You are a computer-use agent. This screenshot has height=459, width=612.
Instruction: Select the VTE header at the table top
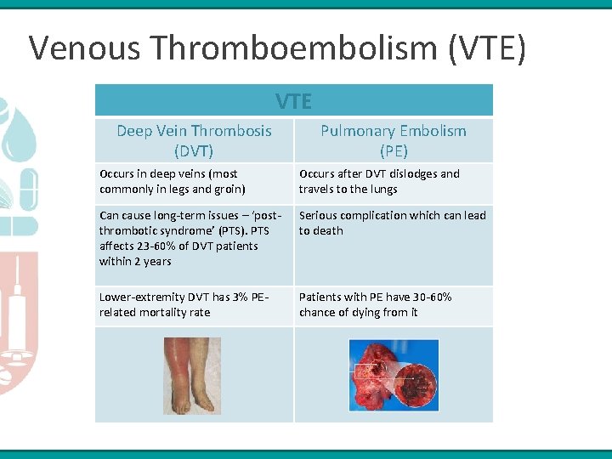293,102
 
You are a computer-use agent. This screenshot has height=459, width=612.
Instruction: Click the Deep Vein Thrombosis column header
194,140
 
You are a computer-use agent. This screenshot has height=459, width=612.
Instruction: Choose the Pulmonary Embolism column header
393,140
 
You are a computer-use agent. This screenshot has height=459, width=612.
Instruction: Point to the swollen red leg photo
192,376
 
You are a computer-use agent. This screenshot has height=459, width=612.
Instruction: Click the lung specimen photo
394,376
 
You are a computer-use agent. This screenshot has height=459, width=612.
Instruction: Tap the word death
328,230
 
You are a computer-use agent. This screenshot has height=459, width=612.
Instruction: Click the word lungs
382,189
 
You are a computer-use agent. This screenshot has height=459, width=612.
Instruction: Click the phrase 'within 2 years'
135,261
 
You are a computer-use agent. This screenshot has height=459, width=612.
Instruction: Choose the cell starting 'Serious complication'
393,223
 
